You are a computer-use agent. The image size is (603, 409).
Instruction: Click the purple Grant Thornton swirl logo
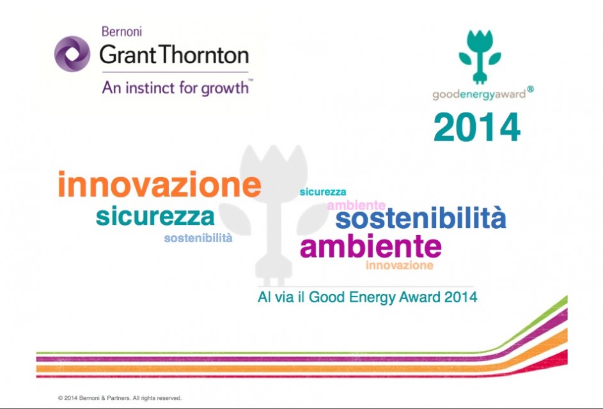(x=72, y=54)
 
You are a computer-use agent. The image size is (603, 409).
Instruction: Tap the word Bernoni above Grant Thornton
(x=122, y=31)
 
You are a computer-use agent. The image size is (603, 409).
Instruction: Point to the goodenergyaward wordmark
(x=479, y=94)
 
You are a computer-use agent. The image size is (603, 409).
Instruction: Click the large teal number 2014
(x=477, y=127)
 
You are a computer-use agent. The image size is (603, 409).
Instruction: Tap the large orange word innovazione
(x=160, y=185)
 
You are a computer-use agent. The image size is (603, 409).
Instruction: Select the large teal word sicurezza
(x=155, y=217)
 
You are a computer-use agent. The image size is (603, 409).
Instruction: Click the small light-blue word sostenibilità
(x=198, y=238)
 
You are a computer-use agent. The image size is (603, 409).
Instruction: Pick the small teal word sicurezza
(x=323, y=192)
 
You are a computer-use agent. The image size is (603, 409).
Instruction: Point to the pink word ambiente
(x=356, y=205)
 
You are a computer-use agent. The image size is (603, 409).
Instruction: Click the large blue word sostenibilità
(x=421, y=218)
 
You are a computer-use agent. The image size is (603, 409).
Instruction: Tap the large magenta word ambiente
(x=371, y=247)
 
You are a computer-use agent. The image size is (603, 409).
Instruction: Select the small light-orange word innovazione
(x=400, y=265)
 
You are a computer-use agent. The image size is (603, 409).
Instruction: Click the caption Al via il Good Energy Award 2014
(x=367, y=297)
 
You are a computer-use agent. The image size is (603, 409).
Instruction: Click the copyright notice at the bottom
(x=120, y=398)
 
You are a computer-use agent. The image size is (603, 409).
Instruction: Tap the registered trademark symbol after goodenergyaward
(x=530, y=89)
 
